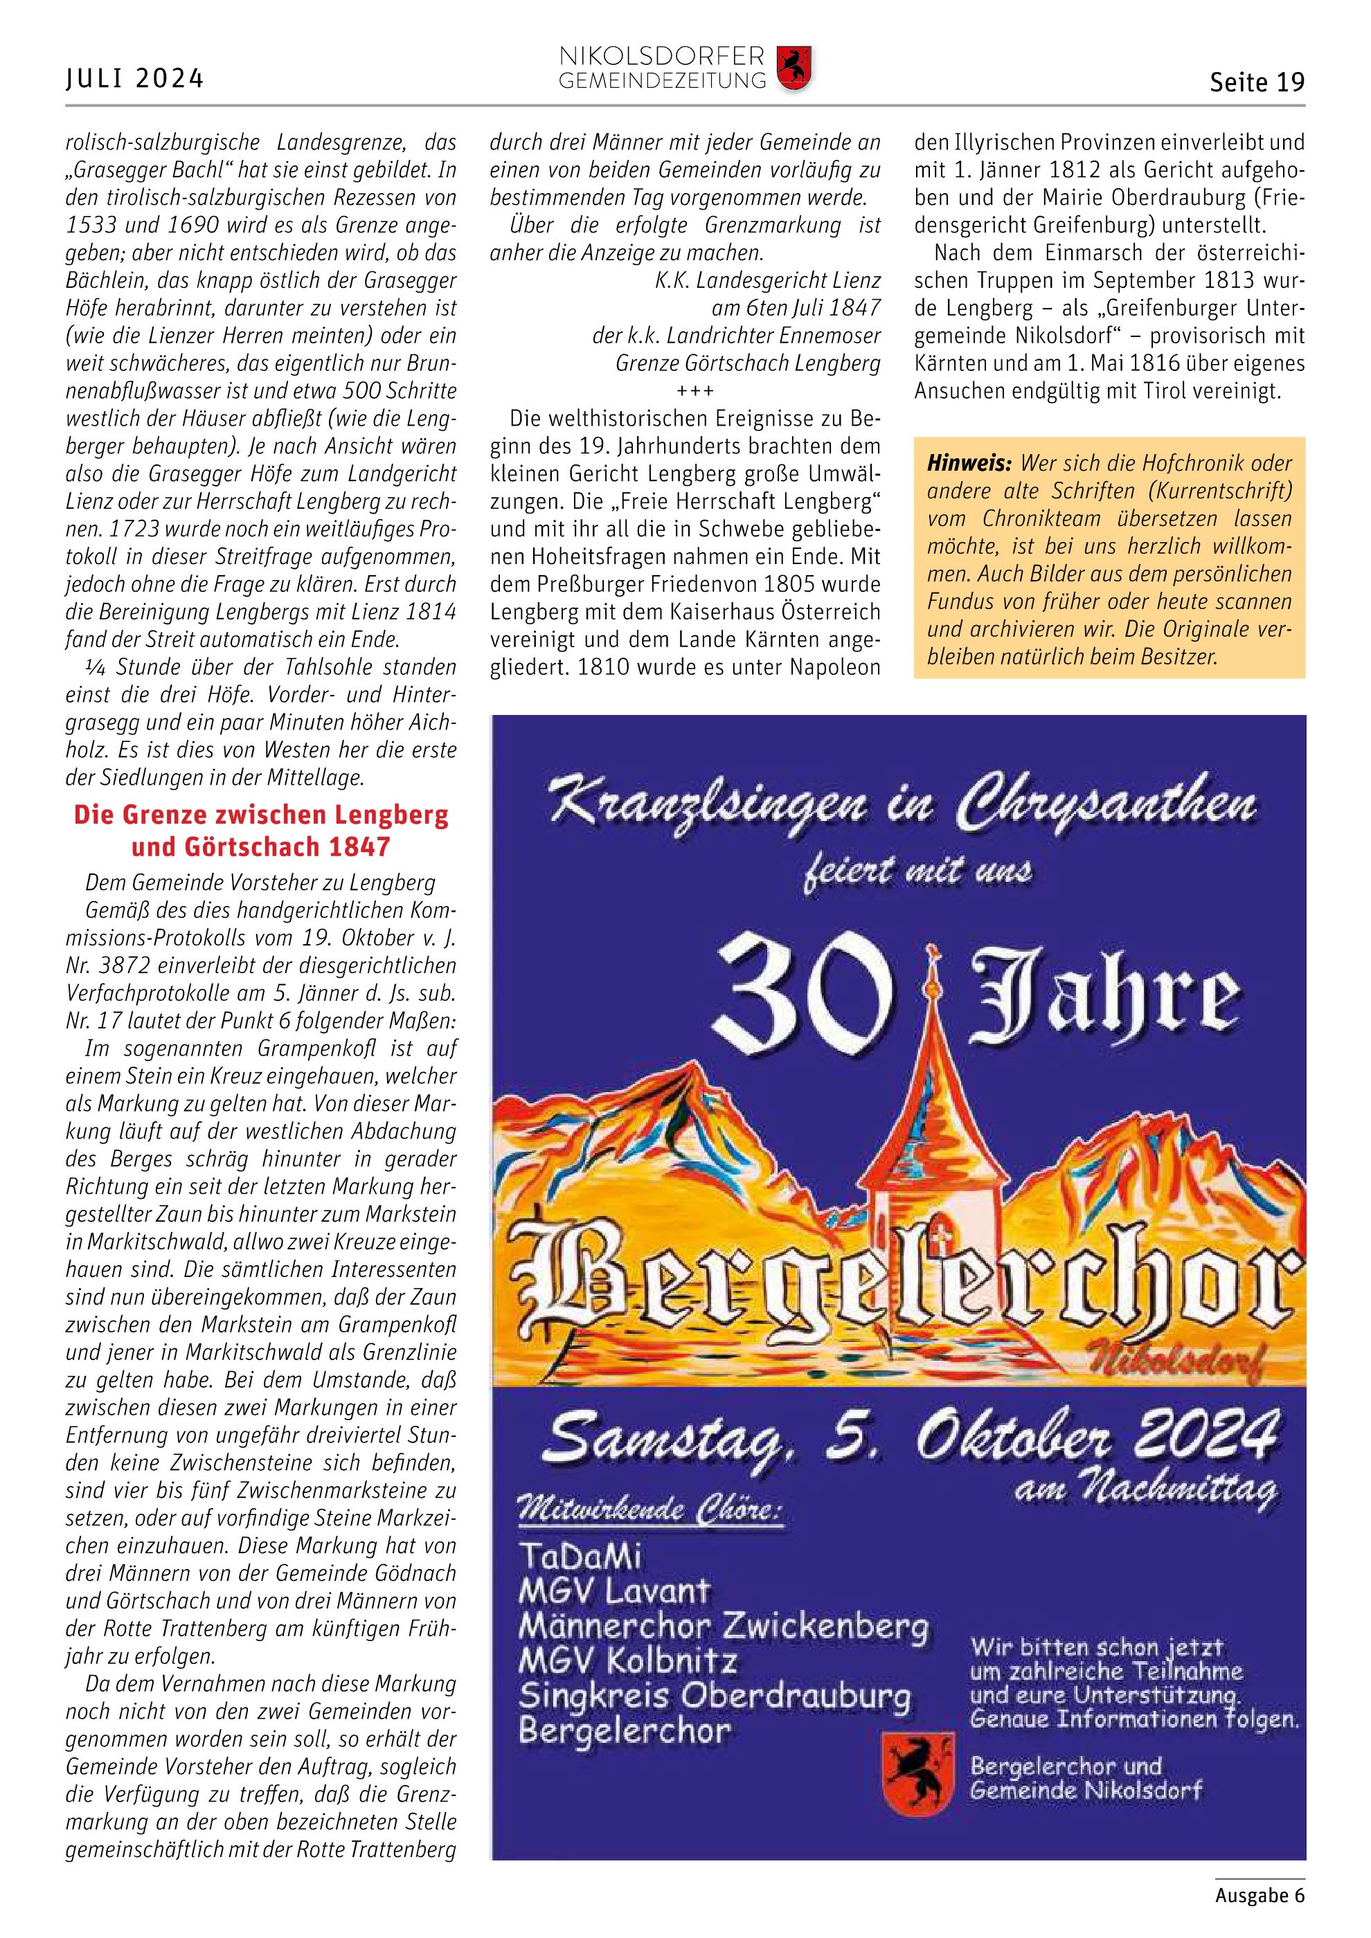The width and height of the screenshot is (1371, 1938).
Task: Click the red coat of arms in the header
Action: (x=793, y=69)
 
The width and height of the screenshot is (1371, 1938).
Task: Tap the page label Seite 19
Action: (x=1256, y=82)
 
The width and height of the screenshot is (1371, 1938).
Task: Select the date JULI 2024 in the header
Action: (x=135, y=78)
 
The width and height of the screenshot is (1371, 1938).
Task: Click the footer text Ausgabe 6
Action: (x=1260, y=1895)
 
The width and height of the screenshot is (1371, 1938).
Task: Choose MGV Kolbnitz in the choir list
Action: (x=627, y=1661)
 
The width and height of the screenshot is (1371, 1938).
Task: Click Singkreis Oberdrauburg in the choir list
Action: (x=714, y=1696)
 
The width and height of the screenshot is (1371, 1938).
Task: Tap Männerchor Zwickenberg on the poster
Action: (x=723, y=1626)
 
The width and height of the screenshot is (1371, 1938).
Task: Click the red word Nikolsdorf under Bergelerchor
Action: (x=1194, y=1360)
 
